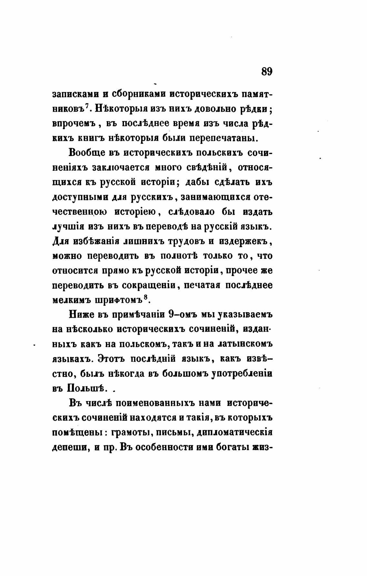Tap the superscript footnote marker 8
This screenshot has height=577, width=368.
coord(145,298)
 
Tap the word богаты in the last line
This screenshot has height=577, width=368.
coord(230,448)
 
